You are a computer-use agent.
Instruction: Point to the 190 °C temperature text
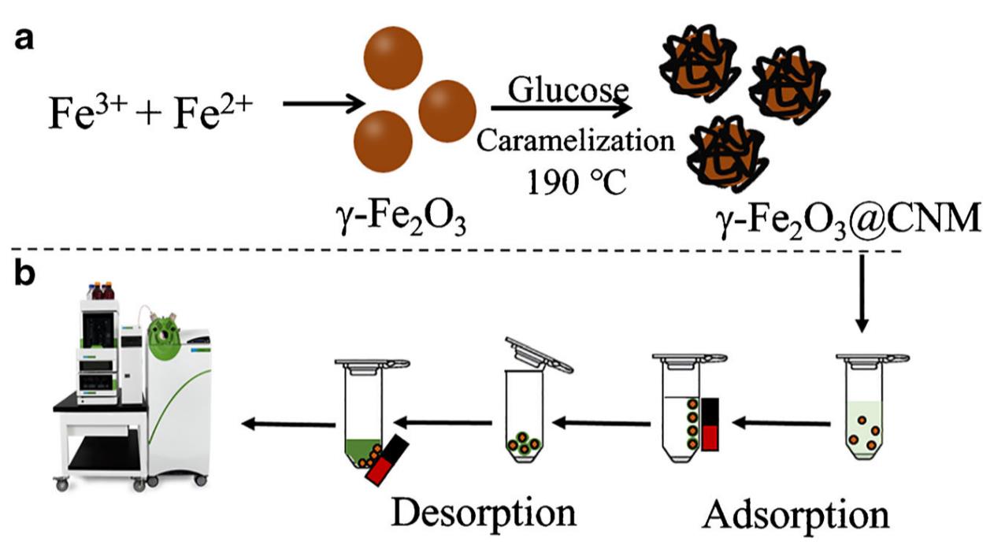coord(576,183)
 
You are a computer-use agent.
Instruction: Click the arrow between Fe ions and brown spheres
coord(321,102)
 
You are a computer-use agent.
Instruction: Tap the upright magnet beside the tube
coord(710,424)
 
